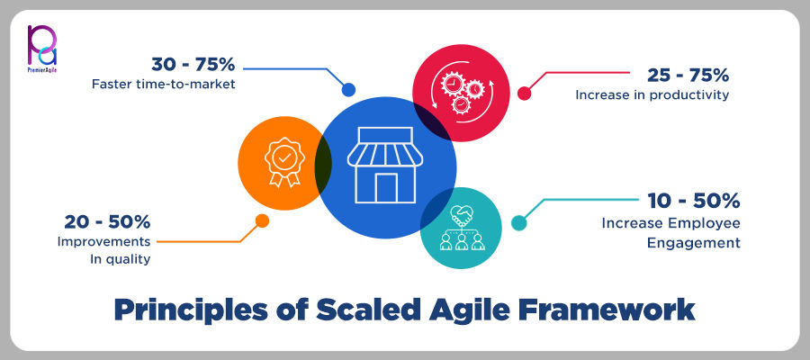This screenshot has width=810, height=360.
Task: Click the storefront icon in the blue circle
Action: [x=375, y=165]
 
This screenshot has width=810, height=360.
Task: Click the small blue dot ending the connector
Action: [x=348, y=89]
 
